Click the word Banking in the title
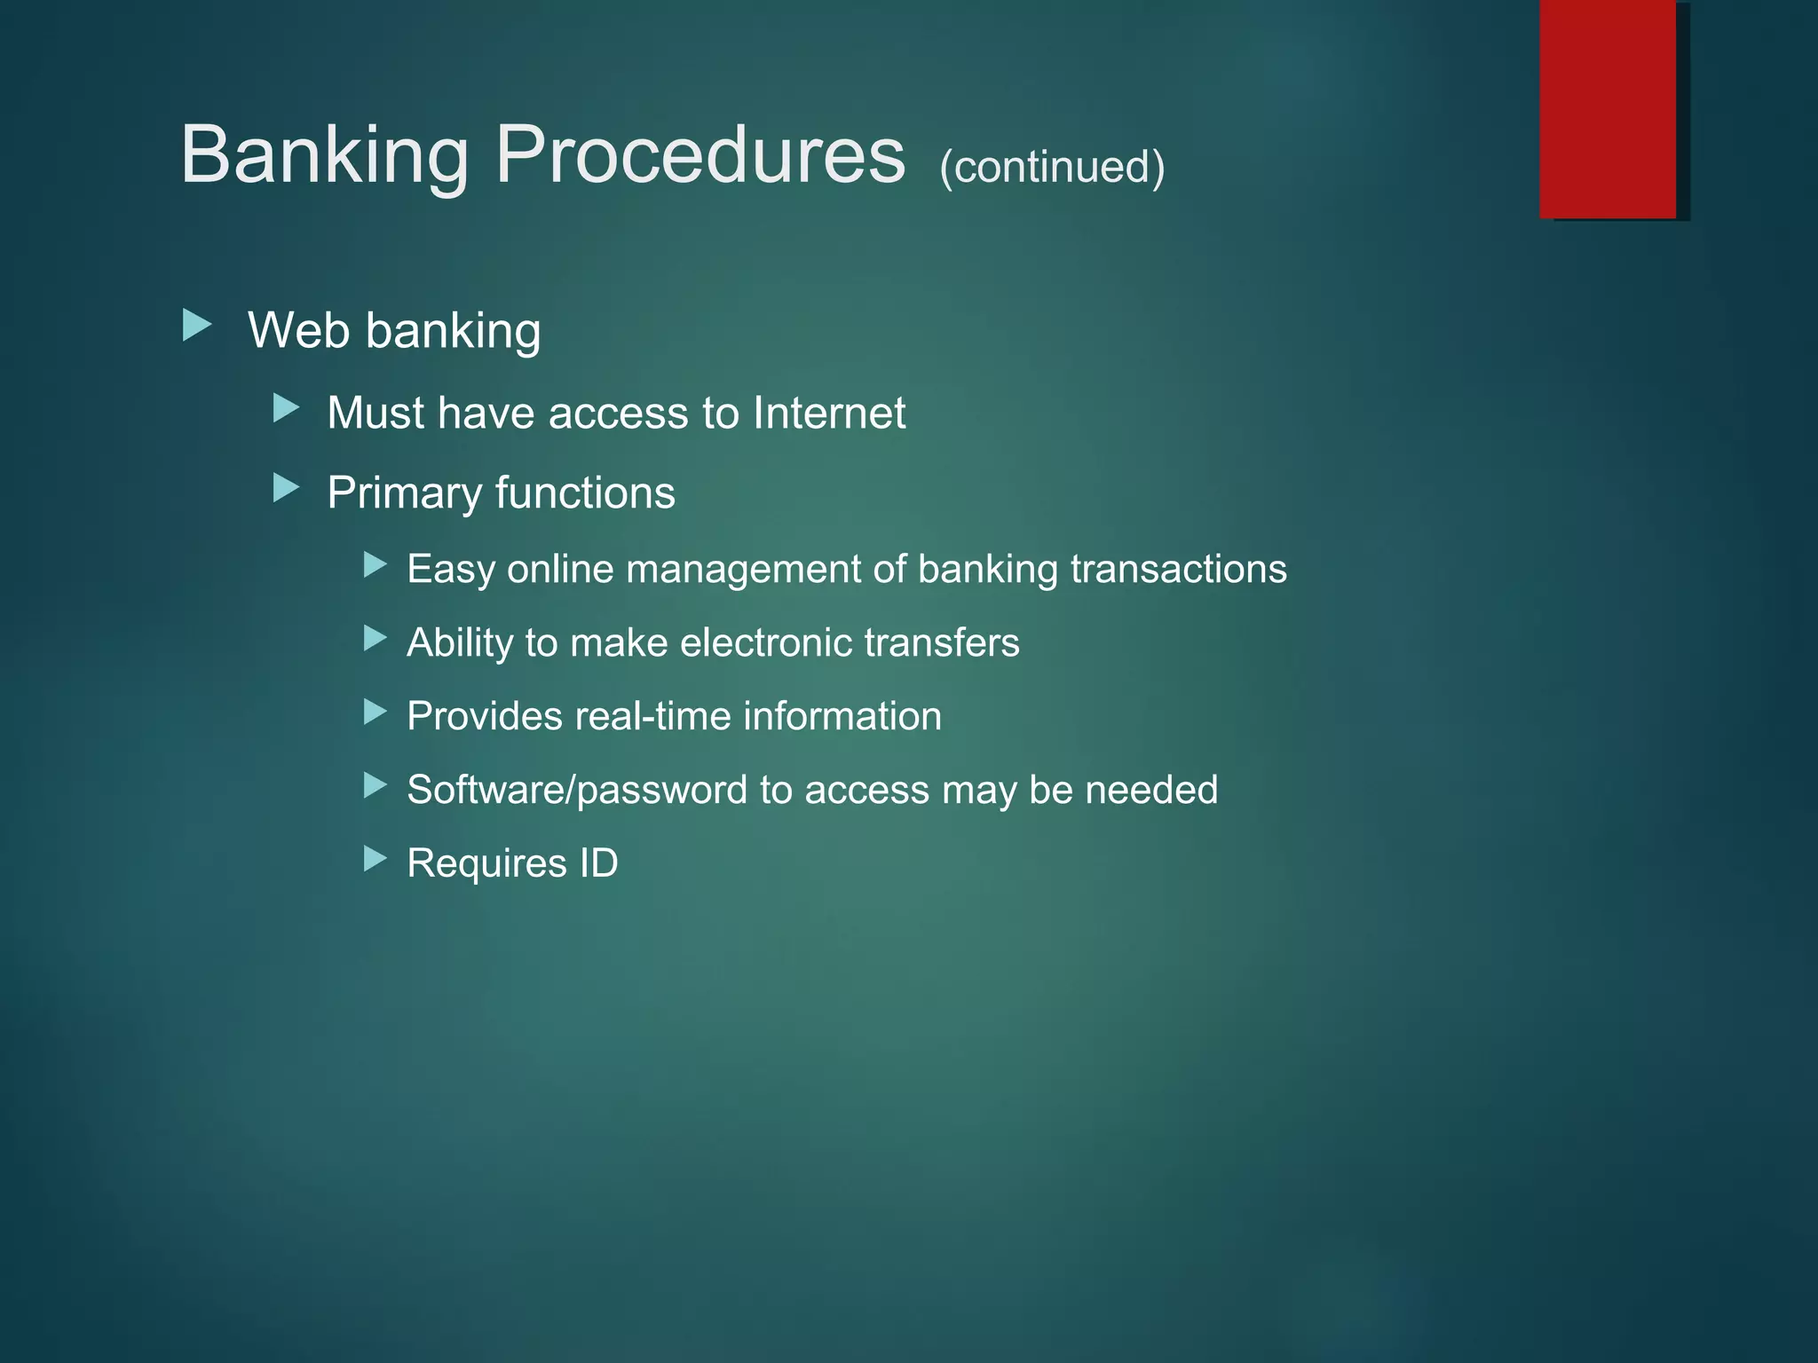click(x=324, y=156)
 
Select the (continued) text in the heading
click(x=1052, y=167)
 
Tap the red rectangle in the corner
click(x=1608, y=109)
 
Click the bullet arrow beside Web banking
click(x=197, y=326)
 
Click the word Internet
click(x=829, y=414)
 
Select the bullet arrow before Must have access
click(x=286, y=409)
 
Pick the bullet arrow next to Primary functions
click(x=286, y=488)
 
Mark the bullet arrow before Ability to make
click(x=375, y=638)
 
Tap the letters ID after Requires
click(x=598, y=863)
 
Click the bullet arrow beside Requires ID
click(x=375, y=859)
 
